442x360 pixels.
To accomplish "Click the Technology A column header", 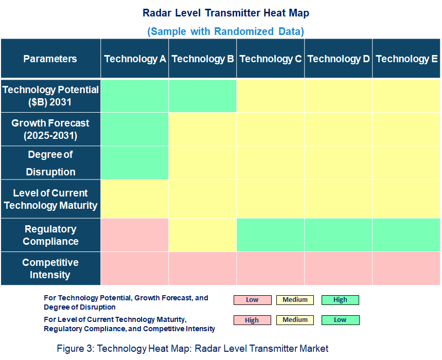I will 135,59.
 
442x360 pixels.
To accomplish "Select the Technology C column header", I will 271,59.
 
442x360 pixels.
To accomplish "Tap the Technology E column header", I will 406,59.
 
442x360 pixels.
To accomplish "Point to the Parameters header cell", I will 50,59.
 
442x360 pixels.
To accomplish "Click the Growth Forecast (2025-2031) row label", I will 50,130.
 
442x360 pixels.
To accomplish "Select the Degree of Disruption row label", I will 50,163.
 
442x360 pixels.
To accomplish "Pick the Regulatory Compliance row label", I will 50,235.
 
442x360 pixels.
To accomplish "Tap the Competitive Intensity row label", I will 50,268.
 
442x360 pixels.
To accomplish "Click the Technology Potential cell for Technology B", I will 203,96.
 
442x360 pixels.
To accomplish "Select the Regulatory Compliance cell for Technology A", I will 135,235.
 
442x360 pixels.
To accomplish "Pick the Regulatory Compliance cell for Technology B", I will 203,235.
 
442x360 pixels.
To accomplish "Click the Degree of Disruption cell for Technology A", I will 135,163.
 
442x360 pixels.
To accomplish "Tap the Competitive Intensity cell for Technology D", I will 339,268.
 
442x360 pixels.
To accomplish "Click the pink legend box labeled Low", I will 252,300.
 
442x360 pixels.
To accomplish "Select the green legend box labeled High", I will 340,300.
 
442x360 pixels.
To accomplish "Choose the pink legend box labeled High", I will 252,320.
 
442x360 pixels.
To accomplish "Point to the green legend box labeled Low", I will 340,320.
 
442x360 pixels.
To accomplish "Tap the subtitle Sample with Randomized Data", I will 226,31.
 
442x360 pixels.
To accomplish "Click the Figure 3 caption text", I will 192,349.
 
